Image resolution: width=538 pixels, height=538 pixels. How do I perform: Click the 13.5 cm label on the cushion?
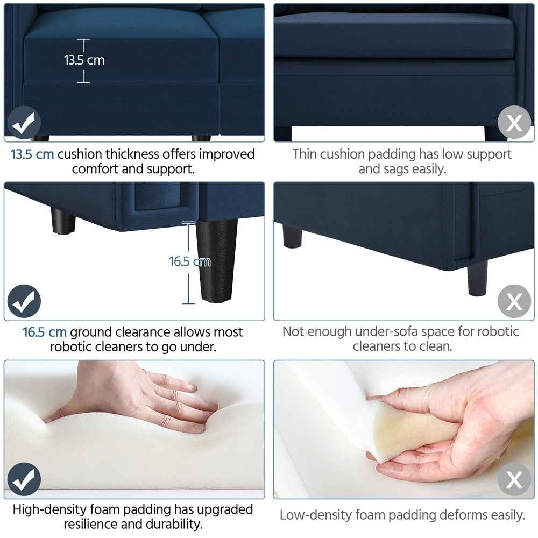point(84,60)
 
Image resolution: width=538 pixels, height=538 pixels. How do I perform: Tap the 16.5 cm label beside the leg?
point(190,261)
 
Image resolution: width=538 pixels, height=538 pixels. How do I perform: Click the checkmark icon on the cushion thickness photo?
point(24,123)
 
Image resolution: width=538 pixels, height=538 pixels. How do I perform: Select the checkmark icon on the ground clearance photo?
point(24,301)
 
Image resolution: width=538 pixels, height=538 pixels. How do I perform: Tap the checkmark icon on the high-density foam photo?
point(24,479)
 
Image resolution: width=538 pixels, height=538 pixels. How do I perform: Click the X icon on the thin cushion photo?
point(514,122)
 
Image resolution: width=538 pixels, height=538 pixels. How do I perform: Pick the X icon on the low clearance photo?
point(514,301)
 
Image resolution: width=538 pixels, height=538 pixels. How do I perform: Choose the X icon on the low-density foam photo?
point(514,479)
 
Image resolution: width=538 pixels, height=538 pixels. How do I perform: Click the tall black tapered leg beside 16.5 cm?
point(217,261)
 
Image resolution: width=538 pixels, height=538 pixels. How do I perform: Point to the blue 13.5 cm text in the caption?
point(32,154)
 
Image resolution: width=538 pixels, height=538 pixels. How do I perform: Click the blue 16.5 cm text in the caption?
point(45,332)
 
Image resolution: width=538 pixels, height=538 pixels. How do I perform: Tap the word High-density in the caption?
point(52,510)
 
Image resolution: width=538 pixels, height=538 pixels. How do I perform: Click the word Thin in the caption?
point(305,154)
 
